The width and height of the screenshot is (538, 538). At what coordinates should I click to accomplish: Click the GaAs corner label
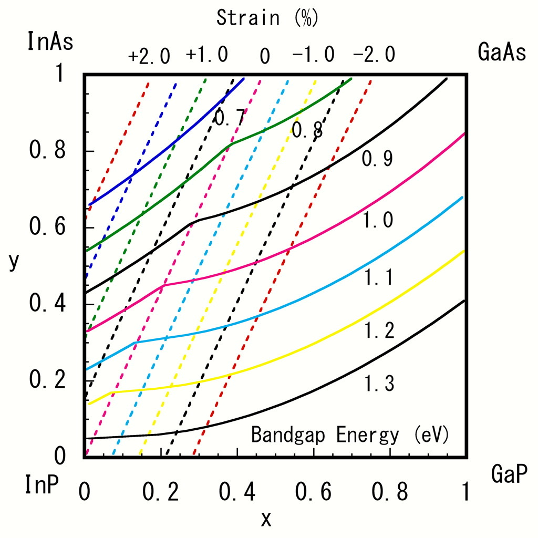pos(502,53)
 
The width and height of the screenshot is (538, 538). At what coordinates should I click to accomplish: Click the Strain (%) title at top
pos(267,18)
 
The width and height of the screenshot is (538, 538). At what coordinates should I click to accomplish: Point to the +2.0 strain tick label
pos(150,55)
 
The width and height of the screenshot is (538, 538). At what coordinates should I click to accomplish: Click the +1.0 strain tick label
pos(207,54)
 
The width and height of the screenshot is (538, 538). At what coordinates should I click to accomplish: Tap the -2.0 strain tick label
pos(374,54)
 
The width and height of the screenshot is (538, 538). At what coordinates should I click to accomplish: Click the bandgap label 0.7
pos(230,118)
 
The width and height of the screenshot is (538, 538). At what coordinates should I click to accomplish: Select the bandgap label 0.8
pos(307,130)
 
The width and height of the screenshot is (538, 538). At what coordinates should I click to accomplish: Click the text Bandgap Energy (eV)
pos(350,435)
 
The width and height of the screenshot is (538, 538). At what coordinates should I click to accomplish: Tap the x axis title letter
pos(266,519)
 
